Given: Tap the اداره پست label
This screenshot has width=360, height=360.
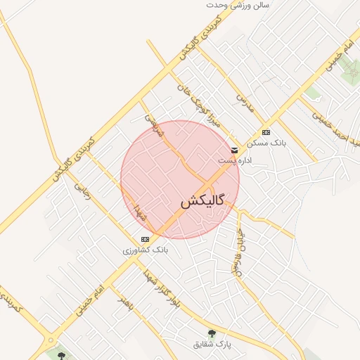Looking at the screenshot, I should click(233, 160).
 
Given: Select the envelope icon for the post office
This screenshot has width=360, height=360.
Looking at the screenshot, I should click(234, 150).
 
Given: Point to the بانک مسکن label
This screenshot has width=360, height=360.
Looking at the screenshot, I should click(266, 142).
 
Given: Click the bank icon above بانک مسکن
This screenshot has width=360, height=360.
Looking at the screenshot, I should click(266, 132).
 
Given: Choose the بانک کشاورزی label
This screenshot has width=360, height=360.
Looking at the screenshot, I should click(145, 250).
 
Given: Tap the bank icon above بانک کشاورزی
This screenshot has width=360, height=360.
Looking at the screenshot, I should click(145, 240).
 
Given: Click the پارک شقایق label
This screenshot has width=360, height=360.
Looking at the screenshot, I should click(212, 344).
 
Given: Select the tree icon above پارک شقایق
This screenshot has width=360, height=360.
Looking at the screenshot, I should click(212, 333).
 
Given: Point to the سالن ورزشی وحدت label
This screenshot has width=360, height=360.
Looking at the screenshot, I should click(243, 5).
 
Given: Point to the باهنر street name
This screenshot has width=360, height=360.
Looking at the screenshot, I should click(125, 302).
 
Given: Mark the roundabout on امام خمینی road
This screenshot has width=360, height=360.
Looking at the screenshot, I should click(51, 342).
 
